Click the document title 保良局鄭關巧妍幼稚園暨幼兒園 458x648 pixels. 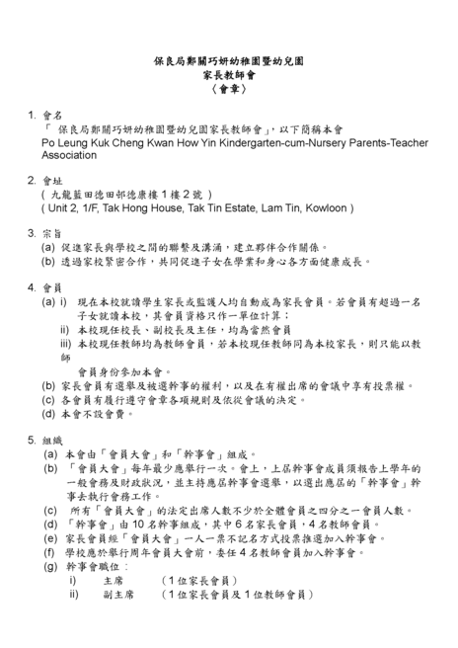click(x=228, y=61)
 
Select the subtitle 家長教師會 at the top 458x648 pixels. click(x=228, y=74)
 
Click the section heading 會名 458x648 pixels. click(x=50, y=115)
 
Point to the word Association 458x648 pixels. click(x=69, y=155)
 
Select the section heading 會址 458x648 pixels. click(x=50, y=182)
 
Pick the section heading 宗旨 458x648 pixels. click(x=50, y=234)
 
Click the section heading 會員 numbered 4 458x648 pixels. click(x=50, y=287)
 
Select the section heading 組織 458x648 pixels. click(x=50, y=441)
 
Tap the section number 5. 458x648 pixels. click(x=32, y=441)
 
